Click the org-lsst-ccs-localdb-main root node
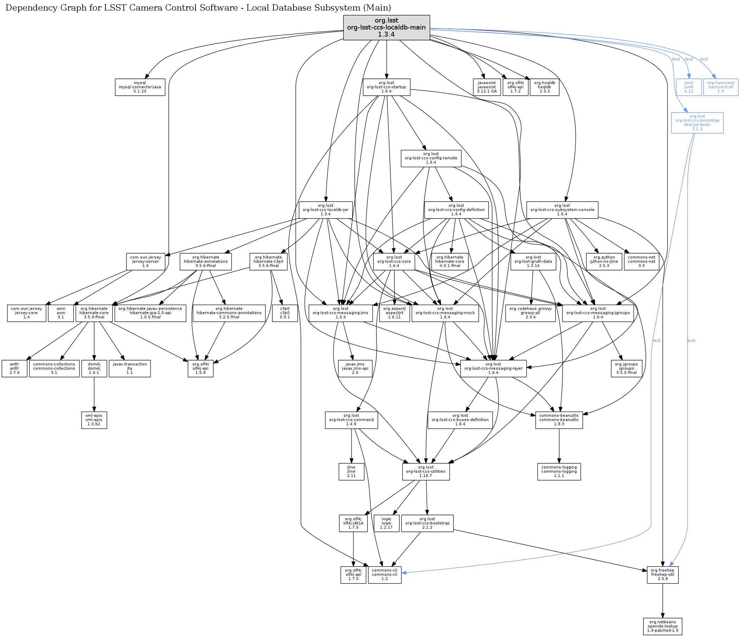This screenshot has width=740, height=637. [386, 27]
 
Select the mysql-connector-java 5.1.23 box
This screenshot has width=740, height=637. [140, 87]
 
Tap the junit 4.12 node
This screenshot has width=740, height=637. [688, 87]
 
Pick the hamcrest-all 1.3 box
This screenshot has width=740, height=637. [720, 87]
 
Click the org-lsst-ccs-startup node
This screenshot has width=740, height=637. [386, 87]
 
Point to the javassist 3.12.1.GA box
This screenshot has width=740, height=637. [487, 87]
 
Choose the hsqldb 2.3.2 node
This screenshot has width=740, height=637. [544, 87]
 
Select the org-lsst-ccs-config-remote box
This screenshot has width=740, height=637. [431, 158]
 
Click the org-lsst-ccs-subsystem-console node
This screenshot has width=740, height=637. [562, 210]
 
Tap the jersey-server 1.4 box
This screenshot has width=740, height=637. [145, 261]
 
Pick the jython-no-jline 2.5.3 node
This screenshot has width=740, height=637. [604, 261]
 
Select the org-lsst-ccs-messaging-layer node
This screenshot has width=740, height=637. [493, 368]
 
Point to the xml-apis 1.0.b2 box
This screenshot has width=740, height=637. [94, 420]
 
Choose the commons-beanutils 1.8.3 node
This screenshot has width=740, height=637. [559, 420]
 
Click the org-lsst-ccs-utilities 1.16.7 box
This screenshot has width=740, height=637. [426, 471]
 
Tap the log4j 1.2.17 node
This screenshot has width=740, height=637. [386, 523]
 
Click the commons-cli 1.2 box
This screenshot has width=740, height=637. [384, 574]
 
